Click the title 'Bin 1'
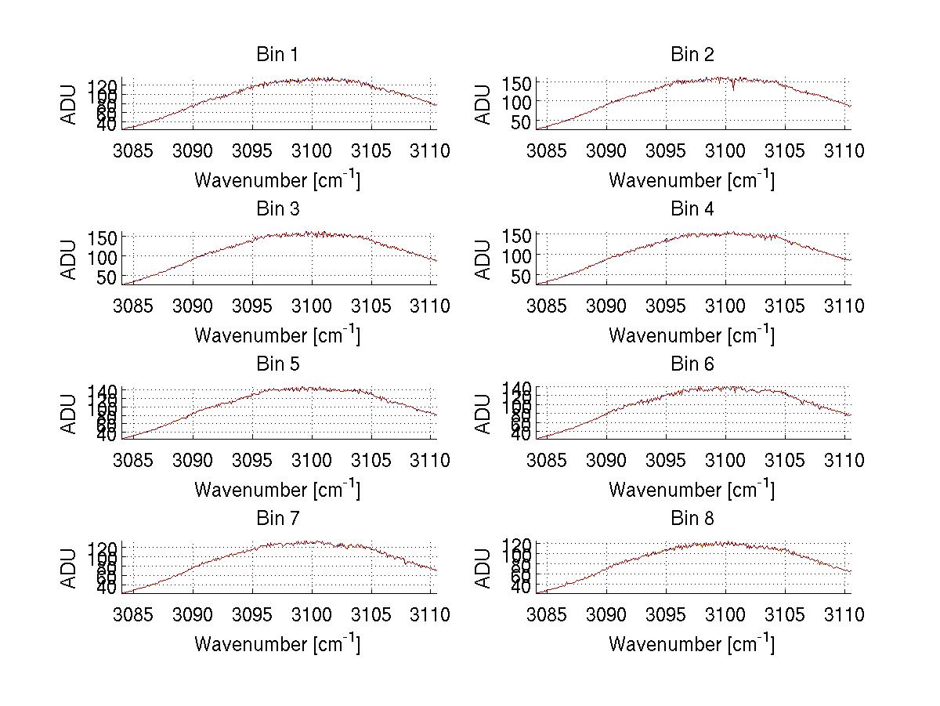click(x=277, y=54)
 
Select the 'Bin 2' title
click(x=692, y=54)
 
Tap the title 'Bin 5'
click(x=277, y=364)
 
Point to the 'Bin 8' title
click(x=692, y=518)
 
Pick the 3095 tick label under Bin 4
click(x=666, y=306)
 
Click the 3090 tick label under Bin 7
click(x=193, y=615)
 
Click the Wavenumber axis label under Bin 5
click(x=277, y=490)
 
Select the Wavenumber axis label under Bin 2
click(x=692, y=180)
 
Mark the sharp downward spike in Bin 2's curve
click(x=733, y=89)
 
